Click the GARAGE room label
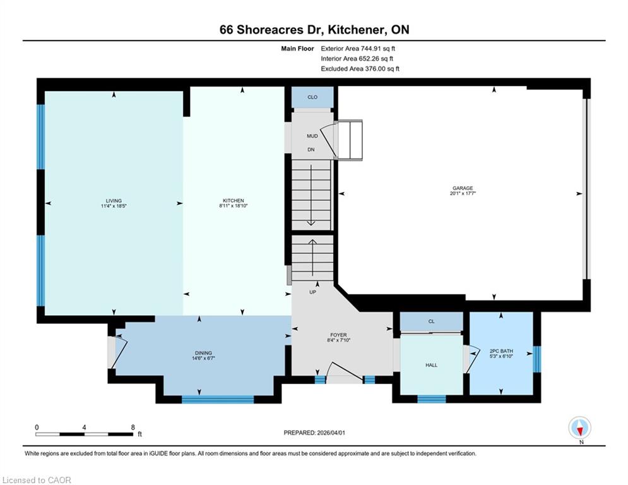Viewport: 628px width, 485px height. [x=463, y=188]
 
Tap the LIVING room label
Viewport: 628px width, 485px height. [x=114, y=201]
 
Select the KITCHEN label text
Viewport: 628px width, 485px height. [x=234, y=201]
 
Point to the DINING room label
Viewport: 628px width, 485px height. [x=203, y=353]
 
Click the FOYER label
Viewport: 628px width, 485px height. [x=338, y=335]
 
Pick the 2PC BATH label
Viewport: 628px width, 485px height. [x=501, y=350]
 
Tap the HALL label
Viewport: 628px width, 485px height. [x=431, y=365]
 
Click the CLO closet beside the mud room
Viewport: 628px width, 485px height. [x=312, y=97]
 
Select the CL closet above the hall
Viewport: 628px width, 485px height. [x=431, y=321]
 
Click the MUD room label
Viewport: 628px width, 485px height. [x=312, y=136]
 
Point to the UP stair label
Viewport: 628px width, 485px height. [x=313, y=292]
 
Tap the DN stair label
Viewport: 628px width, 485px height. [x=311, y=150]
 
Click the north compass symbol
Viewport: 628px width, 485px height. [x=579, y=428]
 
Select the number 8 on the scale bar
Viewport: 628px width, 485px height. [x=133, y=428]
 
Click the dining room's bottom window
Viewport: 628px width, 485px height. [x=218, y=399]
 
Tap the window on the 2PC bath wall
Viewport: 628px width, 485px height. [x=537, y=359]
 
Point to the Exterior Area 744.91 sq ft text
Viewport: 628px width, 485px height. [x=358, y=49]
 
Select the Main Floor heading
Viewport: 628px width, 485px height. [x=297, y=49]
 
